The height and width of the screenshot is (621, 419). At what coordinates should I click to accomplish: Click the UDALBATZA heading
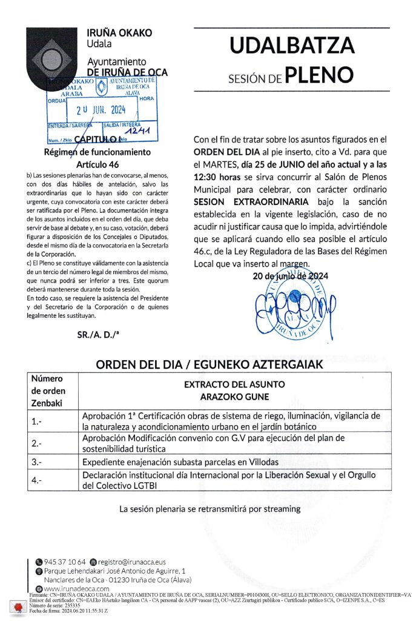click(x=291, y=46)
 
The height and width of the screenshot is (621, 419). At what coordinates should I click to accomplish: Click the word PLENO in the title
click(x=318, y=75)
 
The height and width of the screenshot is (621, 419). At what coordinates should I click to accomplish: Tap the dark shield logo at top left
click(x=55, y=54)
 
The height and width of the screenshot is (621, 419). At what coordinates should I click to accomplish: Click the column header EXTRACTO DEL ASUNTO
click(x=234, y=384)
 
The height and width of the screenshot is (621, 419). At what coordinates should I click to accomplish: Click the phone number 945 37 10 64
click(x=60, y=562)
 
